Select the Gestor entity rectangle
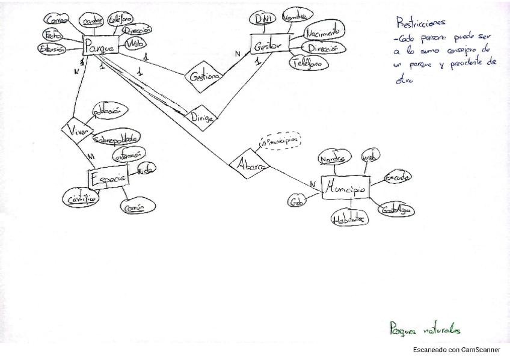click(x=268, y=46)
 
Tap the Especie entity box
click(x=108, y=178)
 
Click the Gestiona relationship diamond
click(x=203, y=77)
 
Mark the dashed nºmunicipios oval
click(x=279, y=142)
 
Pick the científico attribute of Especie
click(x=82, y=198)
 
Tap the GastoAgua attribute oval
click(x=398, y=210)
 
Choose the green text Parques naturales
click(x=425, y=329)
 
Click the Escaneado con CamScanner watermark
click(x=456, y=349)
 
